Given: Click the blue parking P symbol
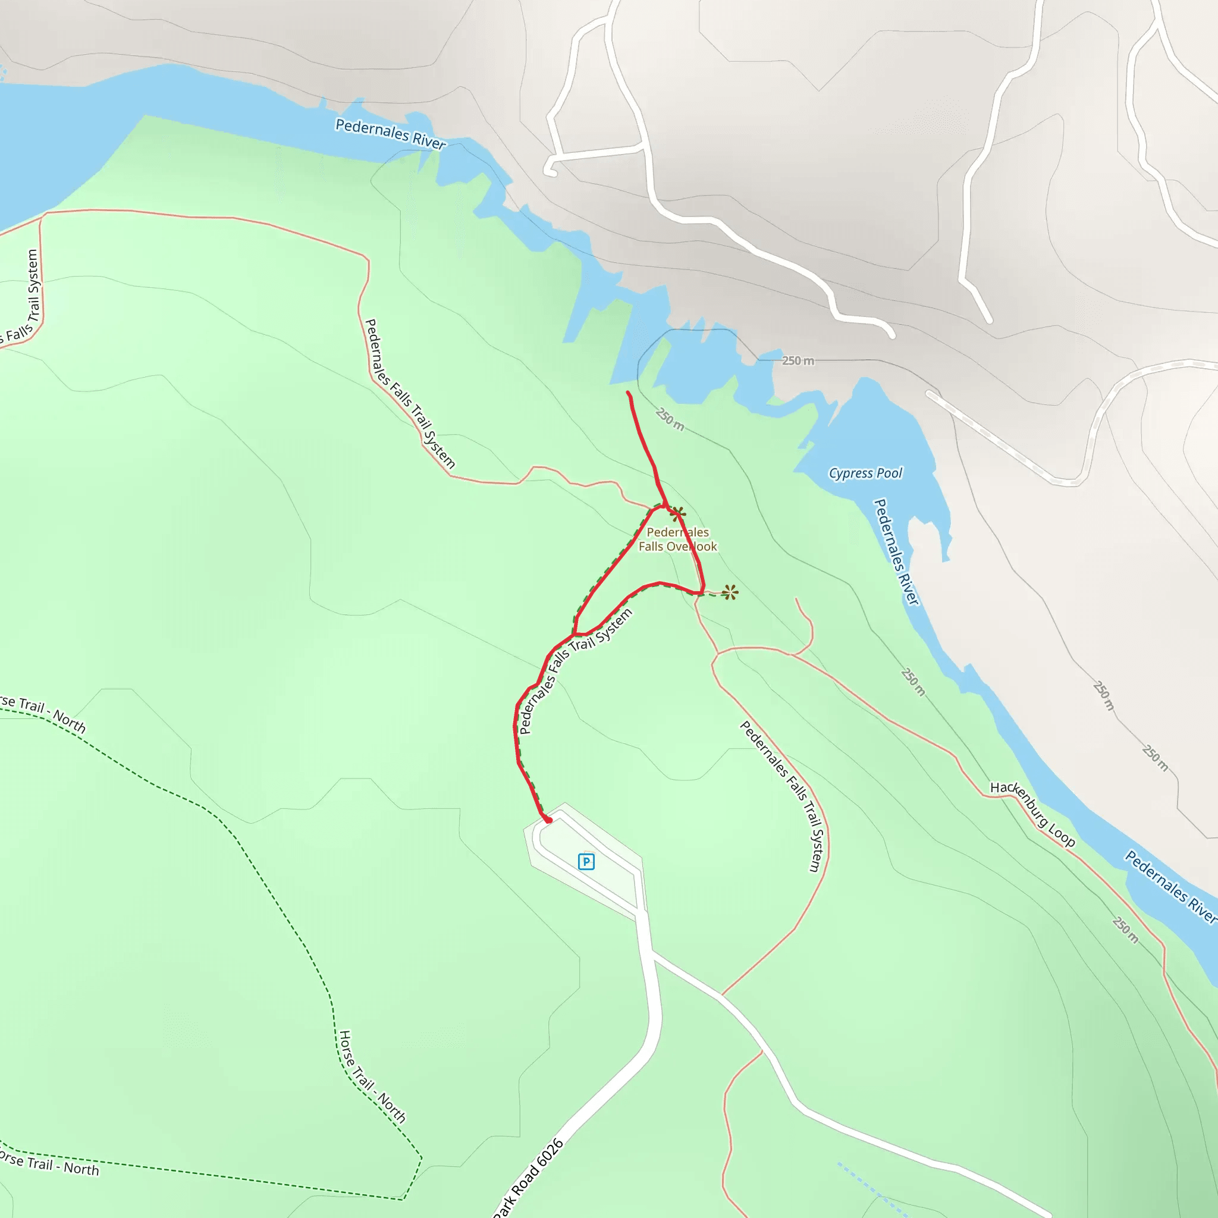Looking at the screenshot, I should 586,861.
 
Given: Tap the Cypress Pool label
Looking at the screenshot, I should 865,473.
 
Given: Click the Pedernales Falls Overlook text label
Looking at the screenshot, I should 678,539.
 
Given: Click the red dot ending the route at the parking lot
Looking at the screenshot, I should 548,820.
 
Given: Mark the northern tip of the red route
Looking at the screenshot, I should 628,393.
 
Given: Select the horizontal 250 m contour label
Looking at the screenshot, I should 798,360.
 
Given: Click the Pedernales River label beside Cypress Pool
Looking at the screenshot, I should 896,553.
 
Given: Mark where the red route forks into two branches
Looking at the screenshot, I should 575,633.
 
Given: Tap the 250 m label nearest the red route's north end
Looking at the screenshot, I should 670,419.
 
